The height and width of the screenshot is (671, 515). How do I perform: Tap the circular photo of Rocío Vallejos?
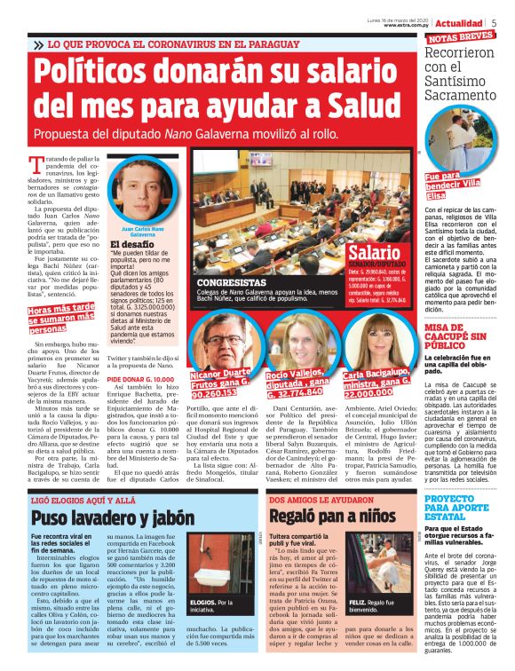coord(297,335)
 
